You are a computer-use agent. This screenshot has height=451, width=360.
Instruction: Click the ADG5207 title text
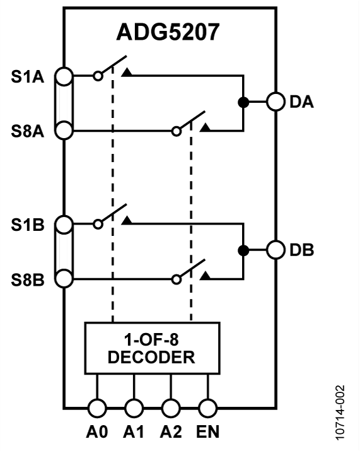168,33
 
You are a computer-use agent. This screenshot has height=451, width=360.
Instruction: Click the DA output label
303,102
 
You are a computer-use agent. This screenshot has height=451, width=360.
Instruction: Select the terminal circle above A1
134,408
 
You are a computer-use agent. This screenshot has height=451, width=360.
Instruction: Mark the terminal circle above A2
171,408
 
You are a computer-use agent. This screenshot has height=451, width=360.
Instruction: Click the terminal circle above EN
207,408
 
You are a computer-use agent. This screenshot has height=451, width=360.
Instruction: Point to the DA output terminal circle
276,102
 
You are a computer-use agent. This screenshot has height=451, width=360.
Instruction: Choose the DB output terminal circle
276,250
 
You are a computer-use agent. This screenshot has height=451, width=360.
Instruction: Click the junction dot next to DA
242,102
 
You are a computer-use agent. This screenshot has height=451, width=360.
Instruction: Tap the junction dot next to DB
242,250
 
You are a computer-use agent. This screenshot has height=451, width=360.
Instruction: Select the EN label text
207,434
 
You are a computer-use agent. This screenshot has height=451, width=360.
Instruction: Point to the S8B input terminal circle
64,278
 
